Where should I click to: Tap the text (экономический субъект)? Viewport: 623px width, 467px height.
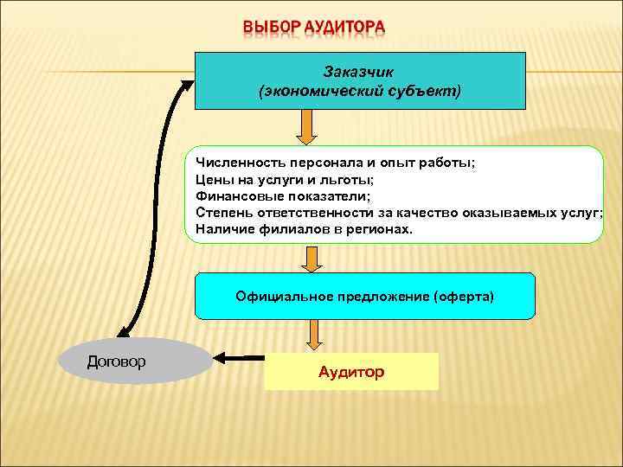(x=359, y=90)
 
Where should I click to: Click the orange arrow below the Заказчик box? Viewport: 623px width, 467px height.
(x=307, y=127)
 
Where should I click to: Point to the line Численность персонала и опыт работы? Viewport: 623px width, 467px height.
(x=336, y=163)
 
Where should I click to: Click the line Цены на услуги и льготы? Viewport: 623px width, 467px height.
(x=285, y=180)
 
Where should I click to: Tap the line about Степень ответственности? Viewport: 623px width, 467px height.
(x=399, y=213)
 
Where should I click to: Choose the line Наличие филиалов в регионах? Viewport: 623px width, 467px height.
(x=305, y=229)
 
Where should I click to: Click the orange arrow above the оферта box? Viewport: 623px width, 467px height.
(x=310, y=258)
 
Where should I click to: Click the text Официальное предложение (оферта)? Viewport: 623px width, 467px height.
(x=364, y=296)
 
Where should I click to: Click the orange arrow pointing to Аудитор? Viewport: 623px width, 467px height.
(x=314, y=334)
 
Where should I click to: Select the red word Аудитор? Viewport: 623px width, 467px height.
(x=351, y=372)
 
